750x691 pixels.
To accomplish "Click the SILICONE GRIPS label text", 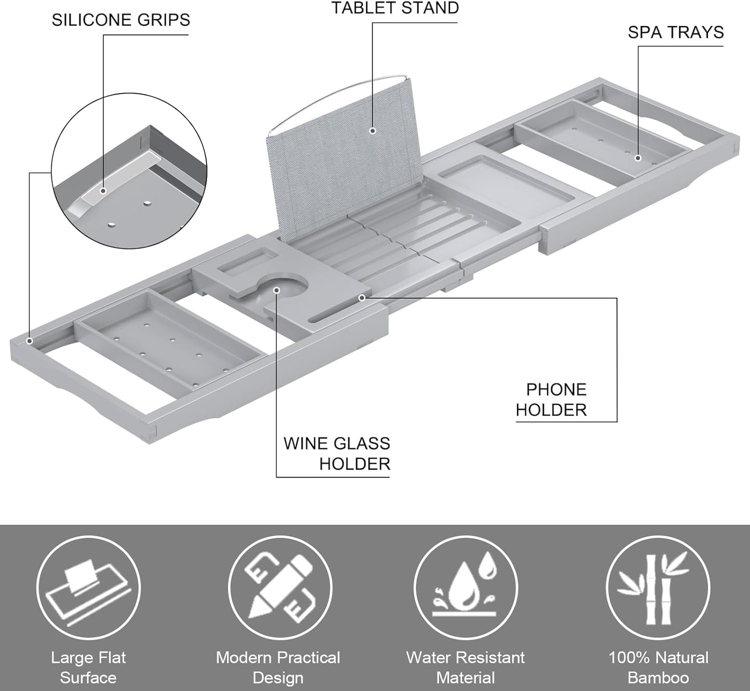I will [x=120, y=20].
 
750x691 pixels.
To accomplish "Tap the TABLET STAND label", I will [x=395, y=8].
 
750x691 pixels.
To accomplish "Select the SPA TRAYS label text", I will [x=675, y=33].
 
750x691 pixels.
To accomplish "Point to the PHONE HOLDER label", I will [x=551, y=400].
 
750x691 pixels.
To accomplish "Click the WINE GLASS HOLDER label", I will [x=337, y=454].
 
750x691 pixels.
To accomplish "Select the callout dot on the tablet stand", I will [x=372, y=131].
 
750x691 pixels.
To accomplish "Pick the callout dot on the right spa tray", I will [x=638, y=158].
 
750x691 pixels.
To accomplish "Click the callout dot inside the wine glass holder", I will [x=277, y=290].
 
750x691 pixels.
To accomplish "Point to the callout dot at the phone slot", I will [x=362, y=298].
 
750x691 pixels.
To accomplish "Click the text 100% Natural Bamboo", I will [x=658, y=668].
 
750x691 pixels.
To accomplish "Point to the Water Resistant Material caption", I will [x=466, y=668].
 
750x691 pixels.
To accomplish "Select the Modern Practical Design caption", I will [x=278, y=668].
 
